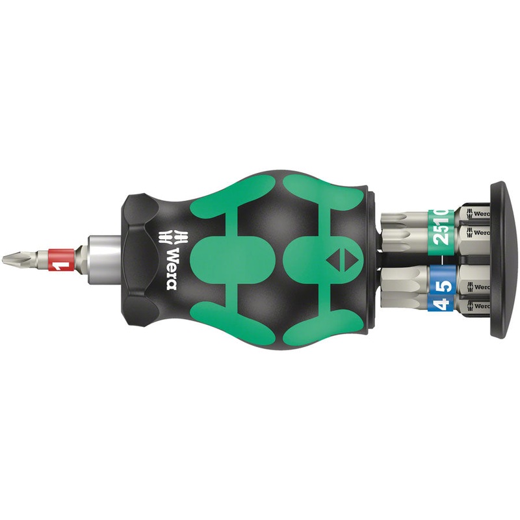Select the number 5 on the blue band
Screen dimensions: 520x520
tap(441, 283)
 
